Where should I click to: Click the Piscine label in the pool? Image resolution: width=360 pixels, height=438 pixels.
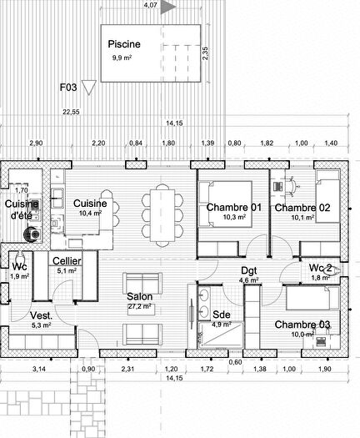(x=124, y=44)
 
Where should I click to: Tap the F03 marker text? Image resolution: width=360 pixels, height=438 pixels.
(x=68, y=87)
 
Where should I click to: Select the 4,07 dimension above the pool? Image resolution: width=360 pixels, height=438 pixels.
(x=149, y=5)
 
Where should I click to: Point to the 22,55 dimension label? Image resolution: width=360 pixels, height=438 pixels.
(x=71, y=111)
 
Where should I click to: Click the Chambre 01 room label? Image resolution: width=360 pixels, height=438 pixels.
(x=234, y=207)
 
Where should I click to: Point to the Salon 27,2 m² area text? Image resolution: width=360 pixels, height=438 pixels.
(x=138, y=306)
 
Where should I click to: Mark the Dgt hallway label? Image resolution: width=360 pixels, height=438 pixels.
(x=250, y=270)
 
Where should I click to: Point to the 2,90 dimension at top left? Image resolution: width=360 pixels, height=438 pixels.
(x=35, y=143)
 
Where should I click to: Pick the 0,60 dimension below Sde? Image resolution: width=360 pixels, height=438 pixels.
(x=236, y=362)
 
